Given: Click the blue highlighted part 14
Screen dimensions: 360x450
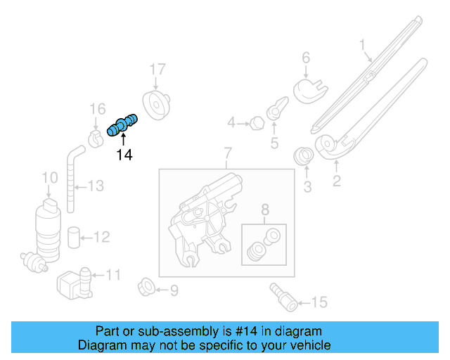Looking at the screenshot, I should coord(122,125).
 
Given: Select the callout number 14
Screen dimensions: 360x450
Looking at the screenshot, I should coord(124,155).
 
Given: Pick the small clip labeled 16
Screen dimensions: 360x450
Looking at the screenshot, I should coord(97,133).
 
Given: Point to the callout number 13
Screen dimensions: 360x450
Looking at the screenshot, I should coord(96,186).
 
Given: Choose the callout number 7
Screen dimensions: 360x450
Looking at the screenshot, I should coord(227,153).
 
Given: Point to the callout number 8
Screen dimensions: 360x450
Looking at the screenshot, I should coord(264,209).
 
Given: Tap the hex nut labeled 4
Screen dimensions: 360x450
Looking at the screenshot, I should coord(257,124).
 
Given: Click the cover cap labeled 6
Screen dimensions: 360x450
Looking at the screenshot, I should coord(309,89).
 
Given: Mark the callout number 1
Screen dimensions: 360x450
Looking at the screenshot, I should coord(363,47).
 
